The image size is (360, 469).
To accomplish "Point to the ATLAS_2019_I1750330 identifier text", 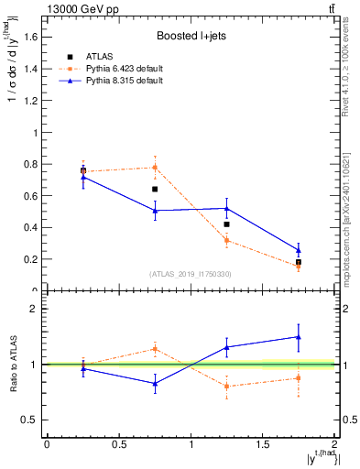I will click(x=191, y=274).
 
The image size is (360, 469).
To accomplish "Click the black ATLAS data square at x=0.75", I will click(x=155, y=189).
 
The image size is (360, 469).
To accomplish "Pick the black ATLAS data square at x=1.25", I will click(x=226, y=224).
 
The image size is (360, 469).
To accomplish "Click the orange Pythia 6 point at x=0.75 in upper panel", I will click(x=155, y=167).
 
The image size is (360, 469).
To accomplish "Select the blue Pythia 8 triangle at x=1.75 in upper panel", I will click(x=299, y=250).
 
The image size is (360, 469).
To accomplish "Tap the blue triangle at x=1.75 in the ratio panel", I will click(x=299, y=337).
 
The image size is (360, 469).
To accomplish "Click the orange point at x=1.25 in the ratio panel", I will click(x=226, y=386).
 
